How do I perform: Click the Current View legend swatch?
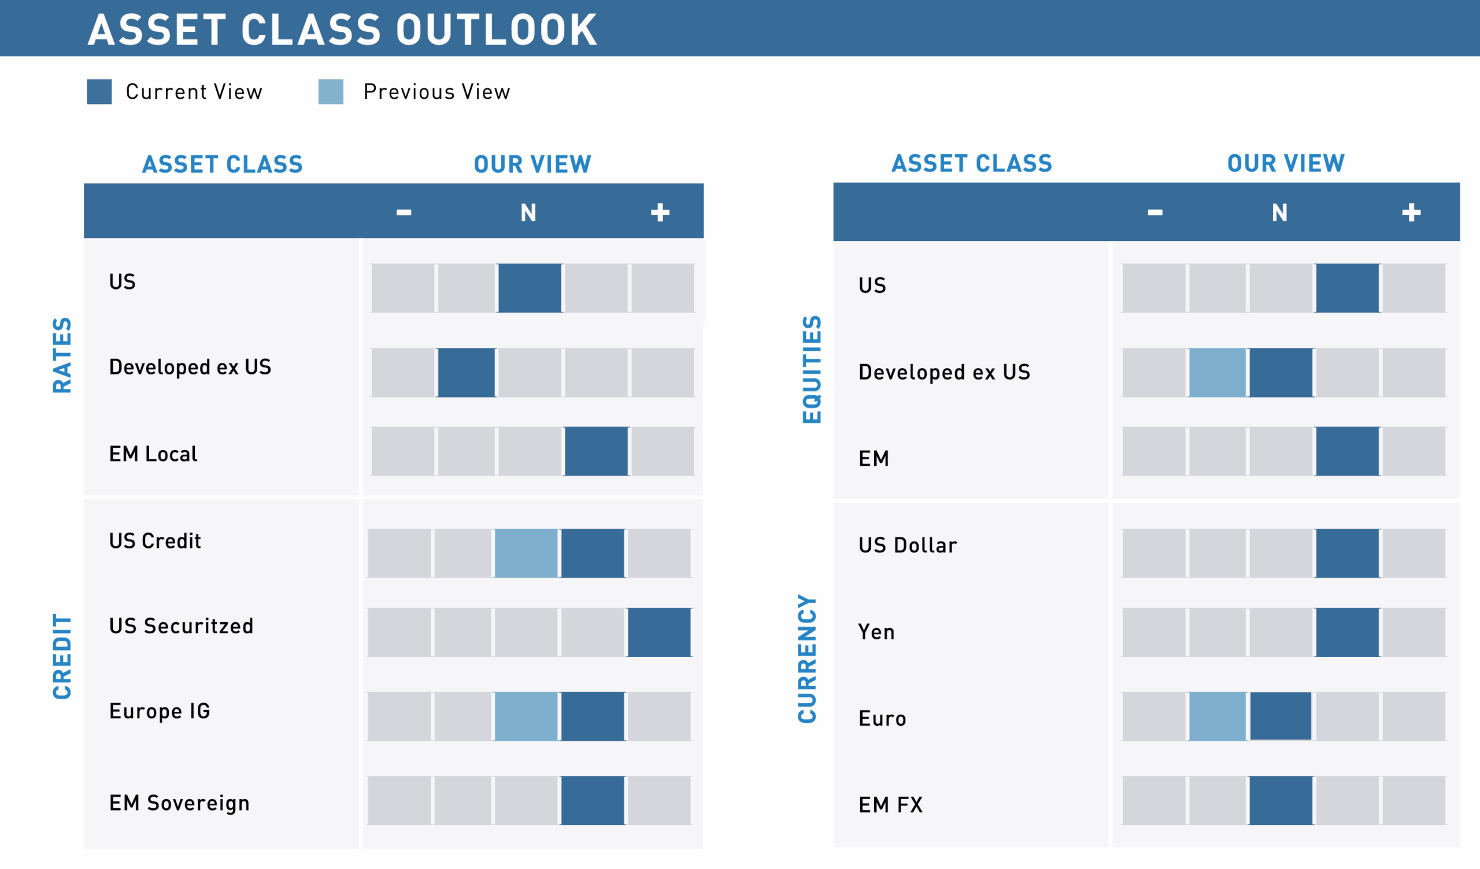tap(99, 92)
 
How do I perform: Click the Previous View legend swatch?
tap(331, 92)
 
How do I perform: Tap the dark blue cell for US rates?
tap(529, 288)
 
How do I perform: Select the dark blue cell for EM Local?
tap(596, 451)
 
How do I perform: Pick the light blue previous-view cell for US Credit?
tap(526, 552)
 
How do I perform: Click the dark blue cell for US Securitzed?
tap(659, 632)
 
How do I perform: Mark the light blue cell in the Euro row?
tap(1217, 716)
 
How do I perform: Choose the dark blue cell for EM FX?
tap(1281, 800)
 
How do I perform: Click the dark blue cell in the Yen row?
tap(1346, 632)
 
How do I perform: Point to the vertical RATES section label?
tap(62, 355)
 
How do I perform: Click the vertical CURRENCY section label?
tap(807, 658)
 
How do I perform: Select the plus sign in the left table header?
tap(660, 213)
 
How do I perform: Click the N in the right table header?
tap(1280, 213)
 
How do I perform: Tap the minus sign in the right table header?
tap(1155, 213)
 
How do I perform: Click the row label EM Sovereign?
tap(179, 803)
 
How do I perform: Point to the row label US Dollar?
tap(908, 545)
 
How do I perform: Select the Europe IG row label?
tap(159, 711)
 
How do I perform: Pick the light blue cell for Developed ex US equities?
tap(1217, 372)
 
